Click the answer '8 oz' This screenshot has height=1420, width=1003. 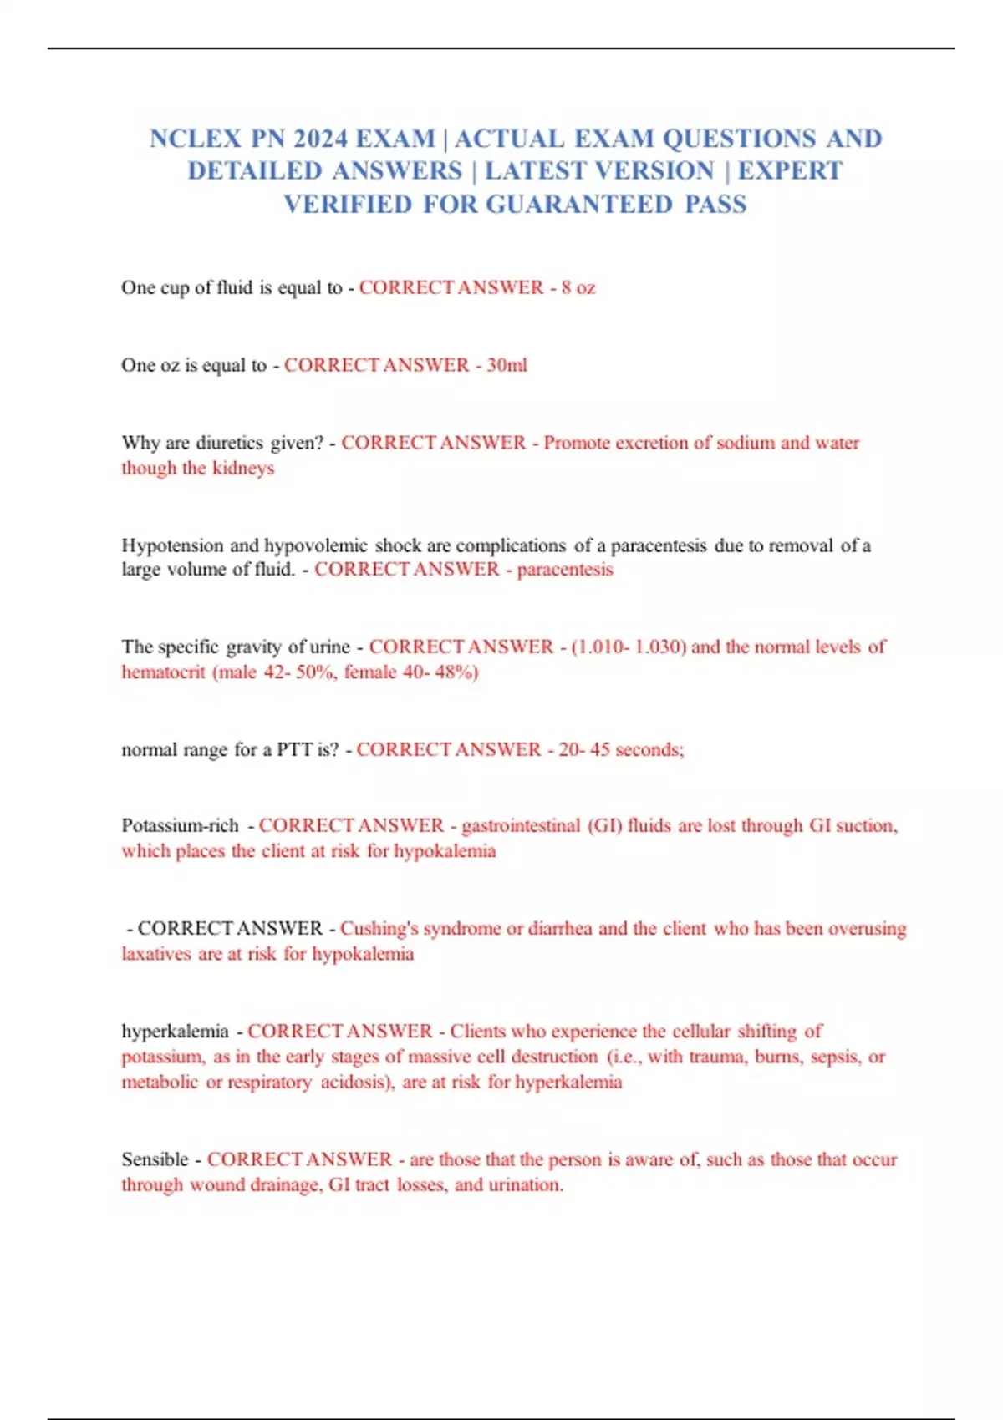tap(578, 288)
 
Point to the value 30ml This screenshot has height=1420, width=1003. tap(507, 366)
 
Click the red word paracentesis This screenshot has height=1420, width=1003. tap(565, 570)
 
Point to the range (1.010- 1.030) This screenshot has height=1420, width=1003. tap(629, 647)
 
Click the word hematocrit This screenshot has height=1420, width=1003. tap(163, 672)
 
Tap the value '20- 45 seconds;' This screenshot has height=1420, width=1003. tap(621, 750)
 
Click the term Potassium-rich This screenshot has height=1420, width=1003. tap(180, 826)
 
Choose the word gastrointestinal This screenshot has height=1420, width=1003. tap(521, 826)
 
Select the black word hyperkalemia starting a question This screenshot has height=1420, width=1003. tap(175, 1032)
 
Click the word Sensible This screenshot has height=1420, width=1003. tap(155, 1160)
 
